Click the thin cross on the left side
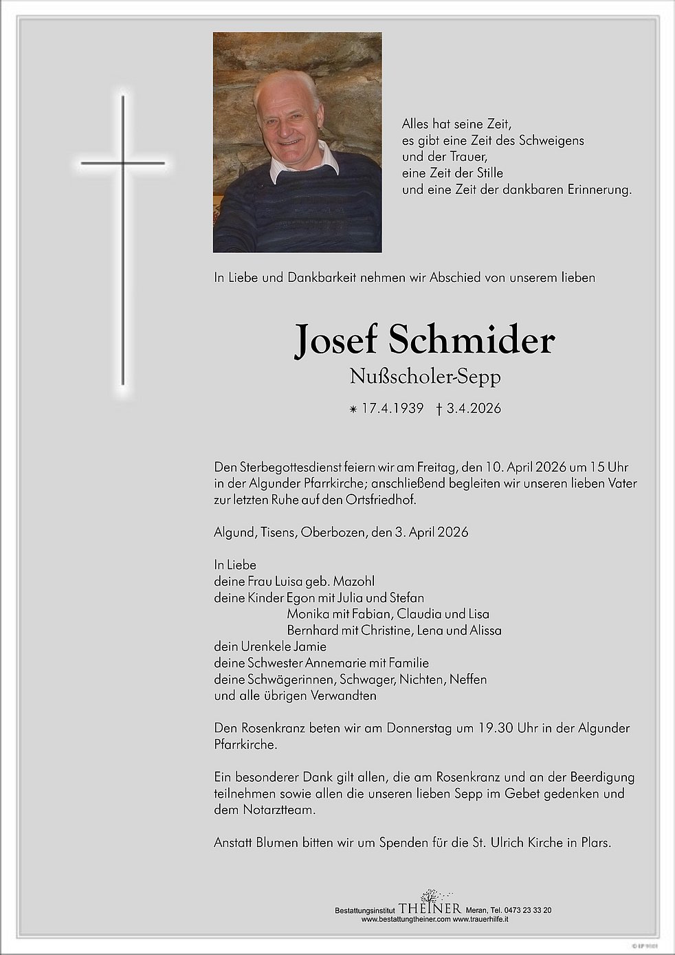coord(123,240)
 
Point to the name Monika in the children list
coord(308,613)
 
